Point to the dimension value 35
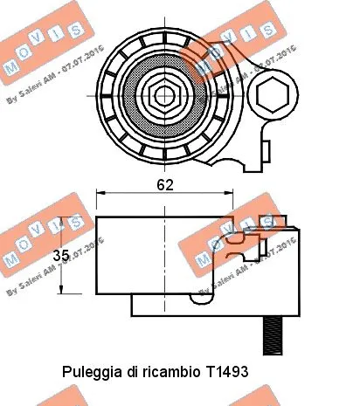[59, 256]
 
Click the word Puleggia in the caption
[92, 371]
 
